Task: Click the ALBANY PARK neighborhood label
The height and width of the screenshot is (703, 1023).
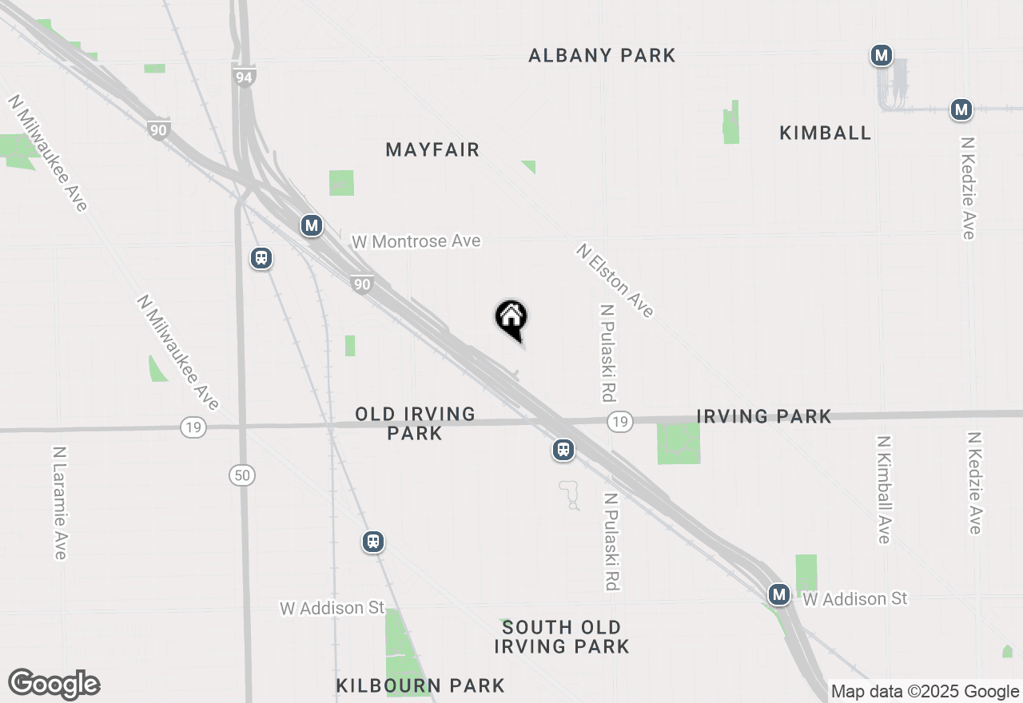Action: click(602, 55)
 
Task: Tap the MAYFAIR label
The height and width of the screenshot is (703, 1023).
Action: click(432, 149)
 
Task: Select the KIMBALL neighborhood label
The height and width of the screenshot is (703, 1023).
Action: click(825, 133)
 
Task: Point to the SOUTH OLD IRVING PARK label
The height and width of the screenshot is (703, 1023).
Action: click(562, 637)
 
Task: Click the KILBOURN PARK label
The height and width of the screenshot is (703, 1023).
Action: click(420, 685)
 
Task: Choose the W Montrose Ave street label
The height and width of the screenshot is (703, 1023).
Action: click(416, 240)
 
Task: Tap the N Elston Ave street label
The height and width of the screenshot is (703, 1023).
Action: click(615, 280)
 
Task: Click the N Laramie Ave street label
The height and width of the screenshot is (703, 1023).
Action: click(60, 502)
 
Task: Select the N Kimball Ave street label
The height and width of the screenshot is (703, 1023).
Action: click(883, 489)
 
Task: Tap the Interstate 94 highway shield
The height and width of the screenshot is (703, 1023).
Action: click(245, 77)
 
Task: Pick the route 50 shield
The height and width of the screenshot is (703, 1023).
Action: click(242, 475)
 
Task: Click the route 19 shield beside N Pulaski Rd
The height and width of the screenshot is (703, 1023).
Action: click(619, 421)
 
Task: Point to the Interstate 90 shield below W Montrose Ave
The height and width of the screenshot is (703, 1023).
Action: click(362, 284)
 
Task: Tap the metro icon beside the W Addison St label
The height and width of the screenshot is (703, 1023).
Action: click(779, 594)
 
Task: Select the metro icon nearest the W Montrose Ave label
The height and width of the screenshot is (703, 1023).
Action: click(312, 226)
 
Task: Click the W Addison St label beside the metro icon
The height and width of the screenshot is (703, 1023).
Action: click(855, 598)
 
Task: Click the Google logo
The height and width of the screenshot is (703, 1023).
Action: click(54, 684)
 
